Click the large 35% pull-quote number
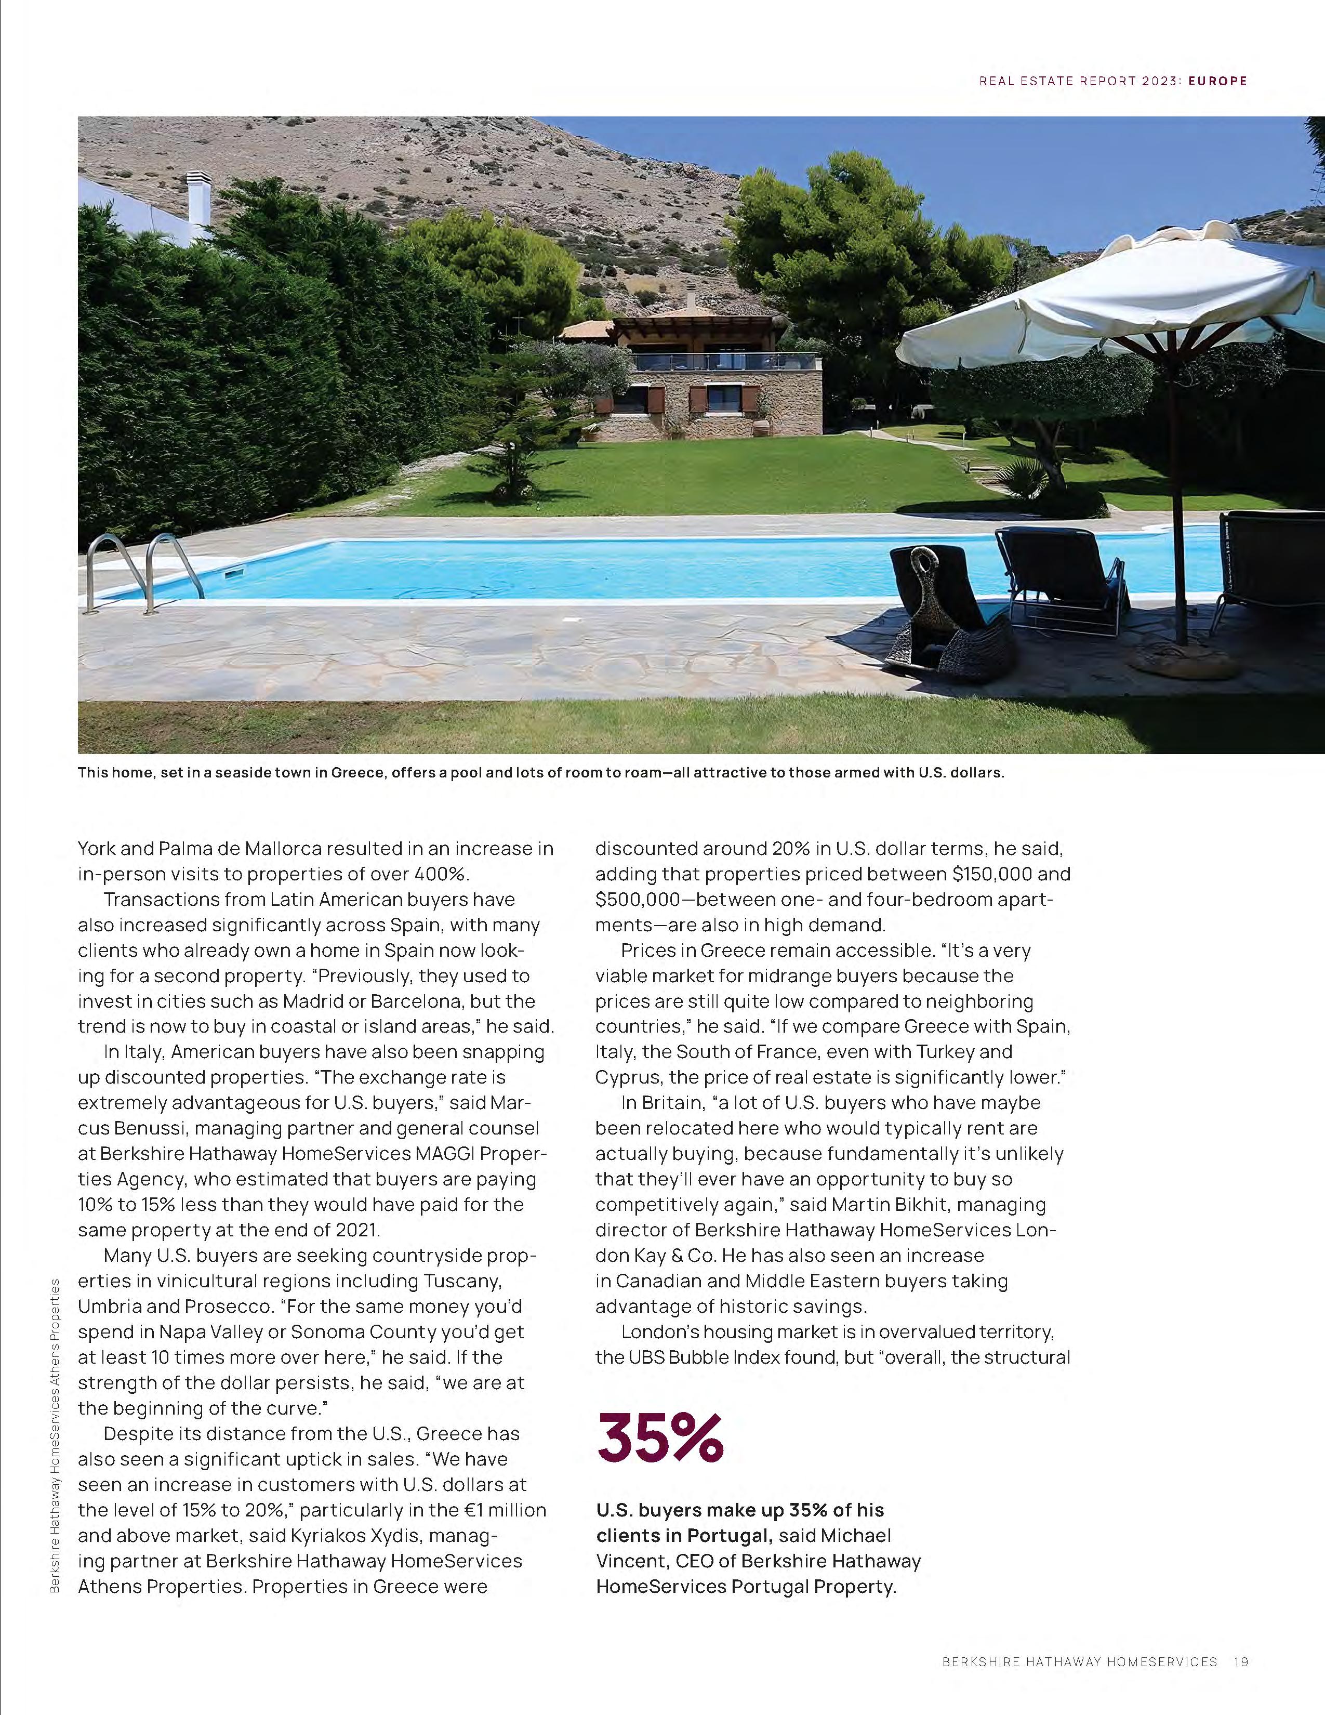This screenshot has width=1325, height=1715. click(x=659, y=1438)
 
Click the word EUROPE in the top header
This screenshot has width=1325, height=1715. click(x=1217, y=81)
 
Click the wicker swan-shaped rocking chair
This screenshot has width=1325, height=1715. click(x=942, y=621)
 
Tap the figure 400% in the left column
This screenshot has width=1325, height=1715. click(x=445, y=874)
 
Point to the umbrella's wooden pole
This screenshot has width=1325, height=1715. click(x=1177, y=487)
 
